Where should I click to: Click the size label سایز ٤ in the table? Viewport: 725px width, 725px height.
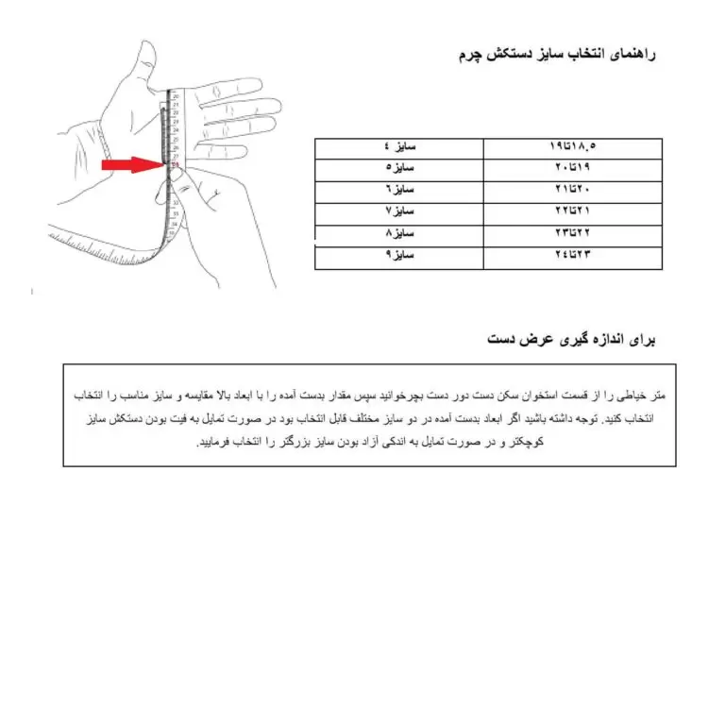[x=400, y=148]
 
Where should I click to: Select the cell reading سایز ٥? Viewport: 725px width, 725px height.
[x=400, y=169]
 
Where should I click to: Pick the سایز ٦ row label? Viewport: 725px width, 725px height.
[x=400, y=190]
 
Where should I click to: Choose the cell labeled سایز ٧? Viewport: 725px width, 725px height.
[x=400, y=211]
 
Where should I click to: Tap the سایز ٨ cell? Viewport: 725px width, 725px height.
[x=400, y=232]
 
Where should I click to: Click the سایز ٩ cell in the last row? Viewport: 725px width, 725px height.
[x=400, y=255]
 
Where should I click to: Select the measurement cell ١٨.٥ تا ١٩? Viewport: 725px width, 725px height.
[x=573, y=148]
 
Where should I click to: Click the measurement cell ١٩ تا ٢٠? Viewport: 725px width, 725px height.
[x=573, y=169]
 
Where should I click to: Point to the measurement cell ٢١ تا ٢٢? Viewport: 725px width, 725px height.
[x=573, y=211]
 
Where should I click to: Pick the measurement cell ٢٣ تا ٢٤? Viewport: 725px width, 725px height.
[x=573, y=255]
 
